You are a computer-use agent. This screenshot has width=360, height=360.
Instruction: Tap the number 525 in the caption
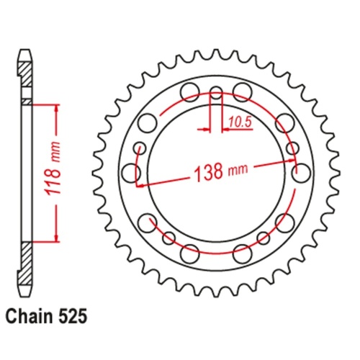tap(75, 315)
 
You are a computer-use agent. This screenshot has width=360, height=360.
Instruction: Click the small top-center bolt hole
tap(216, 91)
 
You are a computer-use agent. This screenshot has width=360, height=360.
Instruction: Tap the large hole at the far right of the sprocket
tap(301, 172)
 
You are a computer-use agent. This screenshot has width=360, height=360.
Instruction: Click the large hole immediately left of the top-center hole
tap(189, 91)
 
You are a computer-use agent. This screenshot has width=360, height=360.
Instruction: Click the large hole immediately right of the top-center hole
tap(243, 91)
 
